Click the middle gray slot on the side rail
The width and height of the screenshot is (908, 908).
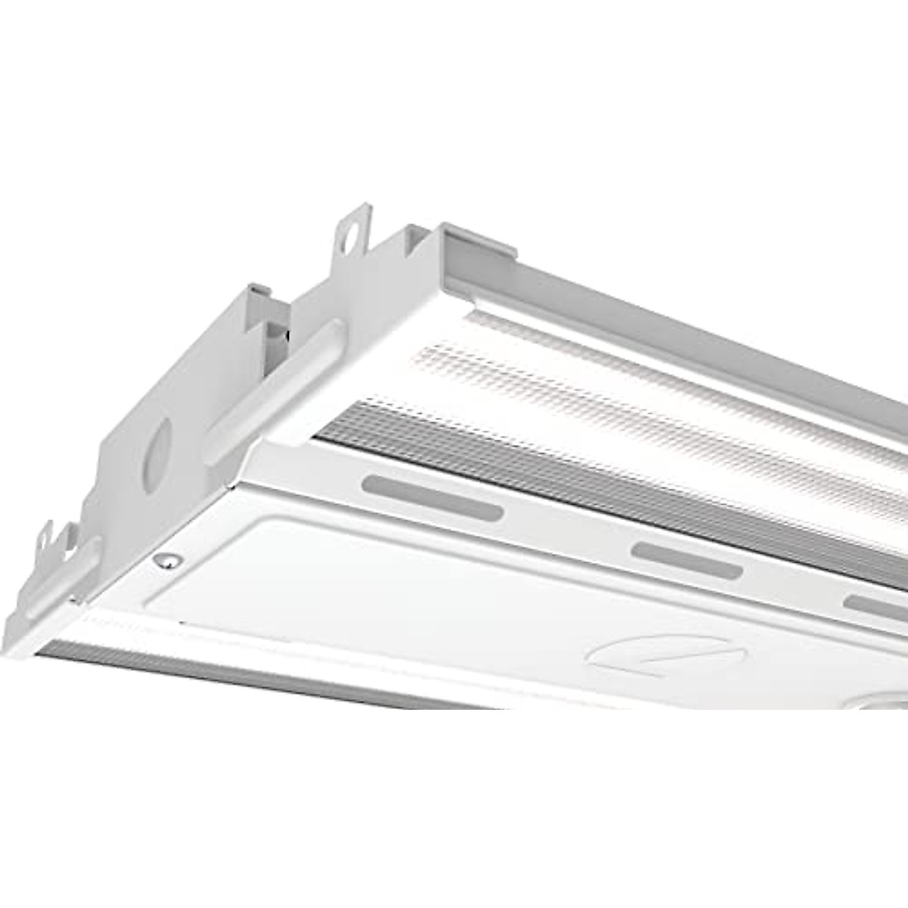(x=686, y=561)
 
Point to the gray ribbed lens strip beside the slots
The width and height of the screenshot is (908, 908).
(x=605, y=484)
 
